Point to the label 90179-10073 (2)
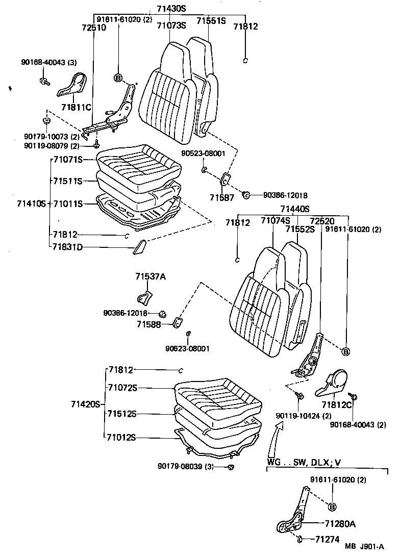point(51,137)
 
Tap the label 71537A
point(151,277)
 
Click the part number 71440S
point(294,209)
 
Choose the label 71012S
point(122,437)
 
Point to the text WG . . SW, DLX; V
point(304,463)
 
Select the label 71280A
point(340,524)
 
